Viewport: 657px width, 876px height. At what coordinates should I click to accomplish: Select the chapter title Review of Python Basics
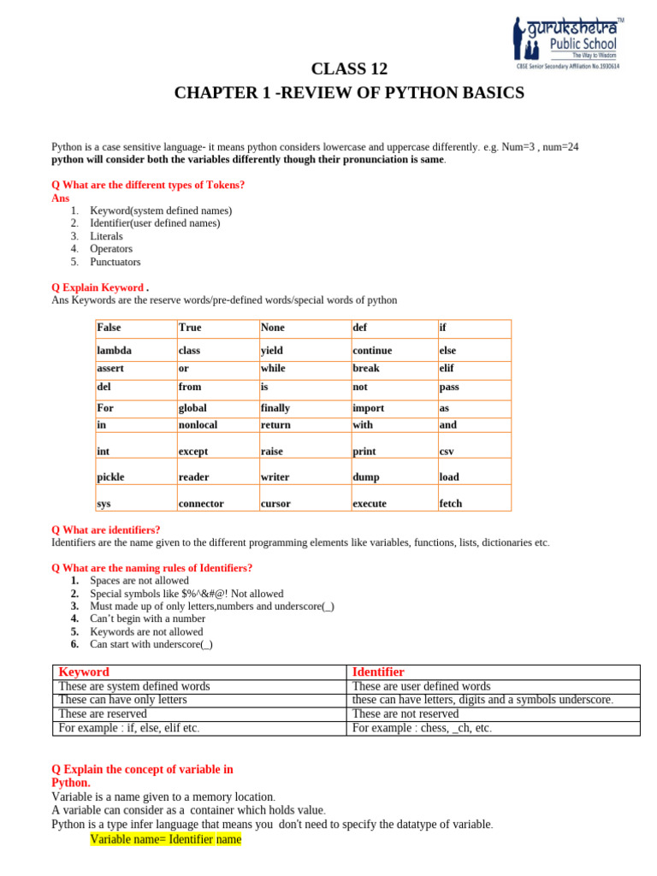pos(349,92)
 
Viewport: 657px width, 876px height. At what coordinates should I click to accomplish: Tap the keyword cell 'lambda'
pos(115,351)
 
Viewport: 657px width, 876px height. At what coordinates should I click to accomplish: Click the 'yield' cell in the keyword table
pos(272,351)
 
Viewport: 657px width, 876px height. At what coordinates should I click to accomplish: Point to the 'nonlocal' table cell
pos(198,424)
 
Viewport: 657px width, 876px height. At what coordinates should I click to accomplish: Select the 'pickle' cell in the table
pos(111,477)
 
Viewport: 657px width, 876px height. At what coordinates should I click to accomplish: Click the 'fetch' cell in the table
pos(450,504)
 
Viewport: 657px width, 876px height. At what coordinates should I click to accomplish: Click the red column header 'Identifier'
pos(378,672)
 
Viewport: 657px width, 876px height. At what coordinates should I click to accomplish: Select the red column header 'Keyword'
pos(83,672)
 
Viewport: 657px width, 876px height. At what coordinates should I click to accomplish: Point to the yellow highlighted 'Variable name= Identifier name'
pos(166,840)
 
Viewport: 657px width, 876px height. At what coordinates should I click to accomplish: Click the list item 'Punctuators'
pos(115,262)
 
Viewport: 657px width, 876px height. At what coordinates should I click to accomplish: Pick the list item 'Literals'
pos(106,236)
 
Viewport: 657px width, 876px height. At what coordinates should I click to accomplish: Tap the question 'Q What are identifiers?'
pos(106,530)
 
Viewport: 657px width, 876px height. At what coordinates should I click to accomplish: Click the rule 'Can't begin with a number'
pos(147,619)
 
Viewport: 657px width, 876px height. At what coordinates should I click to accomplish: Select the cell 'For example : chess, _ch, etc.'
pos(422,728)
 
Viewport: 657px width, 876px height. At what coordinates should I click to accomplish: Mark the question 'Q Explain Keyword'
pos(99,287)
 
